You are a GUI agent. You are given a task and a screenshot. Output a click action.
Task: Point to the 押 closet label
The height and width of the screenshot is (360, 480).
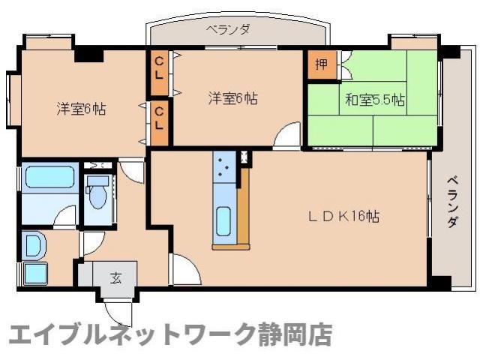[321, 64]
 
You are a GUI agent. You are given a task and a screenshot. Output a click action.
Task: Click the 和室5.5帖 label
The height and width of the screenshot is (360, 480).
[375, 100]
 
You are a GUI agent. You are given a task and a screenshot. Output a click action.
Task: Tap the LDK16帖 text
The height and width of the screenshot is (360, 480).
[346, 217]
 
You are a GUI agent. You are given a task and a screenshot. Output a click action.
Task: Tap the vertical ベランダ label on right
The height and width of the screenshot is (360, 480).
[453, 202]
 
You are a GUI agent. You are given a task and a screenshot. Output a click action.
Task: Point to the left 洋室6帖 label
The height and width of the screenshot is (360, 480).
[80, 109]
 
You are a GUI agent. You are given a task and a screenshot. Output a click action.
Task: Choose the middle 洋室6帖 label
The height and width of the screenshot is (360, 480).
[233, 98]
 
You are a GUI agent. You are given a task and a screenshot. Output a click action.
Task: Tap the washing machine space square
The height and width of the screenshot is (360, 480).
[35, 273]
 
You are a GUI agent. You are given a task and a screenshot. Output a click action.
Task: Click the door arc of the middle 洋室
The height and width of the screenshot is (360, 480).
[287, 136]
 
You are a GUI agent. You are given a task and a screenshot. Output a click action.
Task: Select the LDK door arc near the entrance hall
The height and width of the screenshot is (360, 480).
[183, 267]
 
